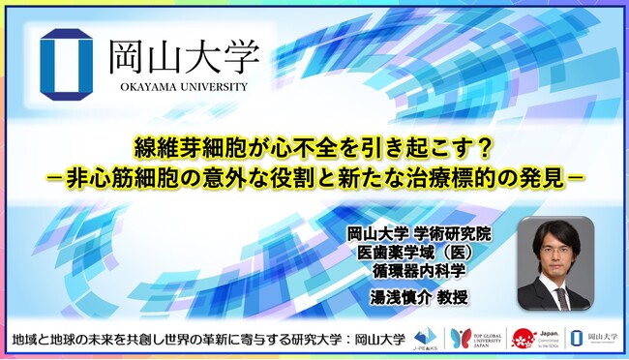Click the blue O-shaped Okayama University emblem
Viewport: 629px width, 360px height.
[68, 65]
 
